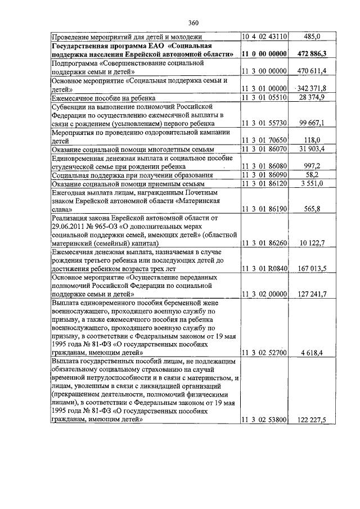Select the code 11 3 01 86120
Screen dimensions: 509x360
264,184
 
